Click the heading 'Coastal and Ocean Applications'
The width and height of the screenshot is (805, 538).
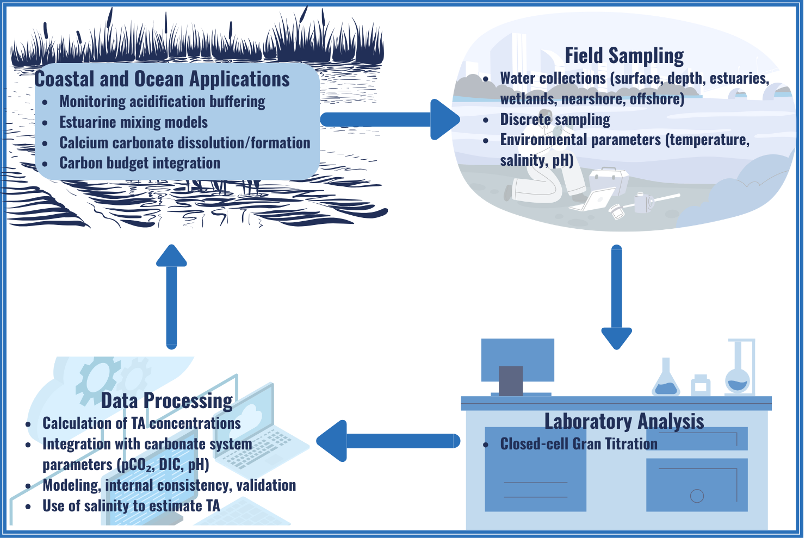click(x=162, y=79)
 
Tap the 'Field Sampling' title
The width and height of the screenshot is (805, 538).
click(x=624, y=55)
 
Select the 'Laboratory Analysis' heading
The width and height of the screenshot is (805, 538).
click(x=624, y=422)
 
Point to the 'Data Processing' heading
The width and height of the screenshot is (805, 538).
click(x=167, y=401)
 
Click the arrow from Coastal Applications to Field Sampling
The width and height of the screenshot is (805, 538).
click(x=389, y=120)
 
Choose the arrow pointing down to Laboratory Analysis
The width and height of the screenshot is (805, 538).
click(x=616, y=296)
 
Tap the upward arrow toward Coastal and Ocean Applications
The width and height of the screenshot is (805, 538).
click(x=171, y=296)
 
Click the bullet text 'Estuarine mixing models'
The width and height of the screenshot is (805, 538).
click(x=133, y=122)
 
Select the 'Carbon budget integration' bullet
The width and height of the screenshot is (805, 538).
click(x=140, y=163)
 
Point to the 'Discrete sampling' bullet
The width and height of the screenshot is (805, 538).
click(x=555, y=120)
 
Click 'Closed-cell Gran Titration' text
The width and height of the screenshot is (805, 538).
click(x=579, y=444)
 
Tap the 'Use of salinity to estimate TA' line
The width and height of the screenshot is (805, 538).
click(x=131, y=506)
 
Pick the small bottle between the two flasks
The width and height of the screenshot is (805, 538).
click(x=701, y=385)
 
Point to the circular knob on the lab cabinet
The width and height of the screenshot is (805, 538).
click(x=697, y=496)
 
